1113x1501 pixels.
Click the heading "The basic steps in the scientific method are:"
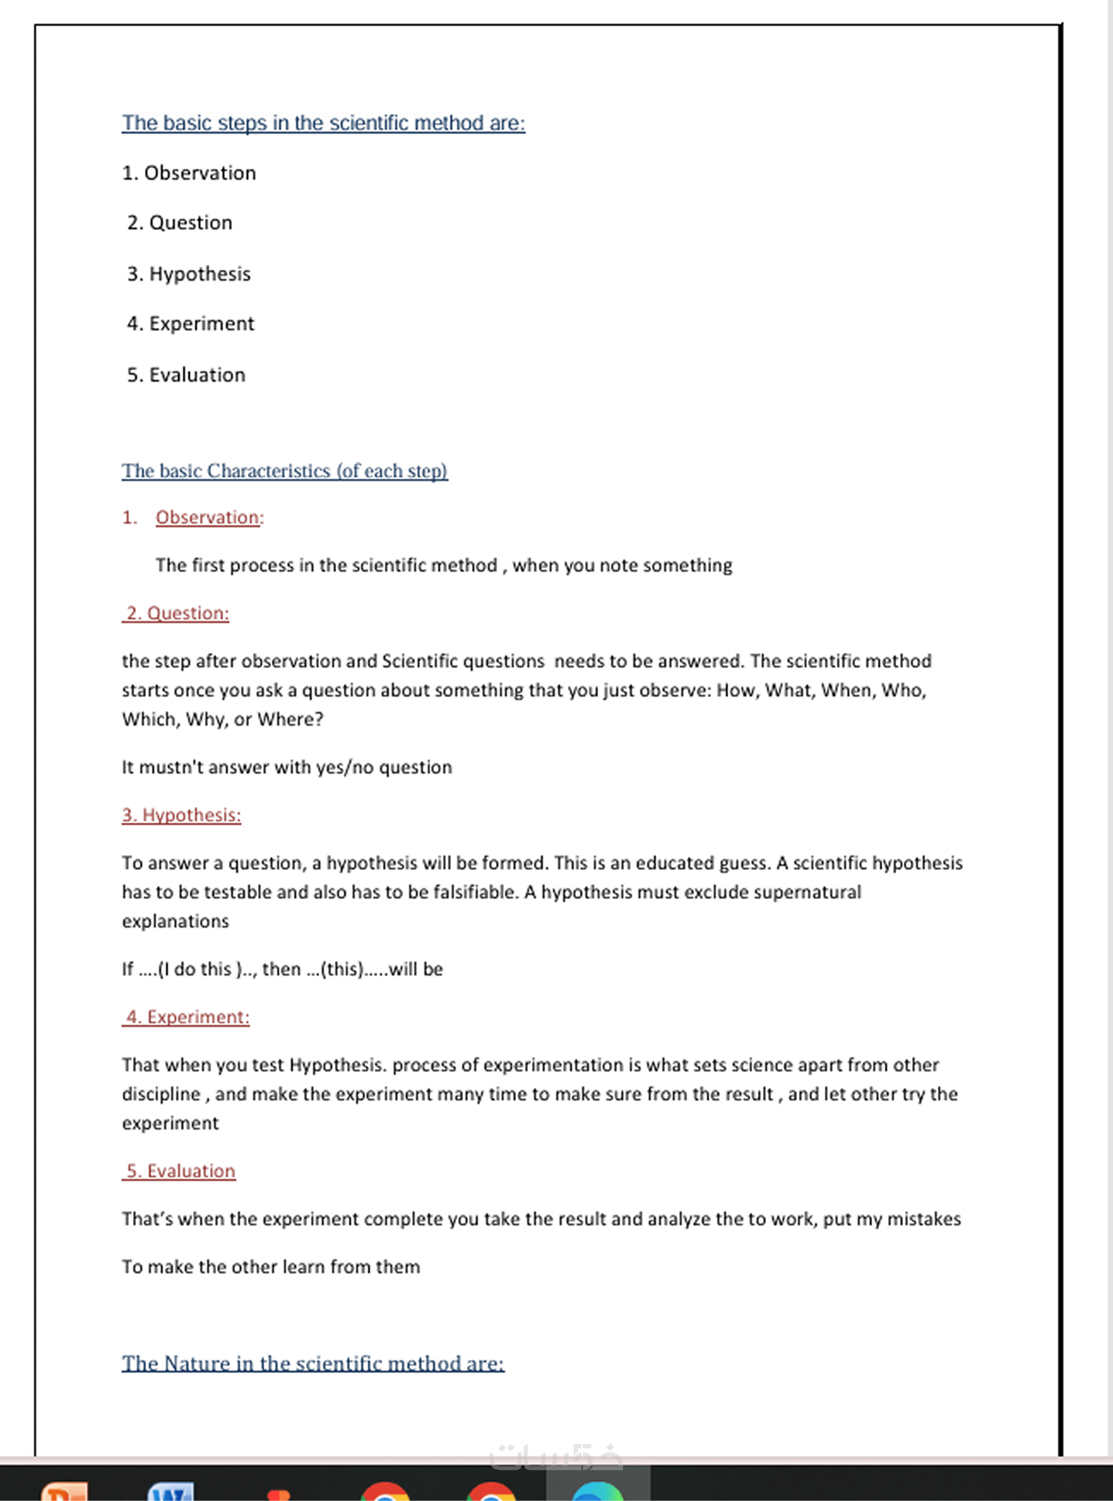(323, 123)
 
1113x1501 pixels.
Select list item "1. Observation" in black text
(189, 173)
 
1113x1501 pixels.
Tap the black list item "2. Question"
(180, 223)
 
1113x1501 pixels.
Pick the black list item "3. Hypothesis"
(189, 274)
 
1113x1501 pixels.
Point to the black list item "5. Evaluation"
(186, 375)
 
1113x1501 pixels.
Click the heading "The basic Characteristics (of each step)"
(284, 471)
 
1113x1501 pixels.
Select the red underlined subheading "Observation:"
(209, 517)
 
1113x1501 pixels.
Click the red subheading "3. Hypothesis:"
(181, 815)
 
